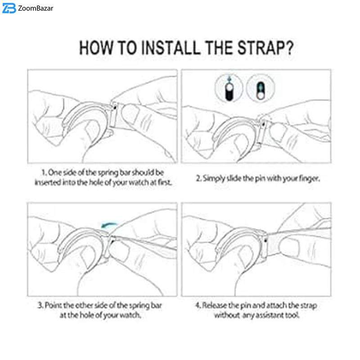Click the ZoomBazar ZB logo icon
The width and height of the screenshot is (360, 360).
click(9, 9)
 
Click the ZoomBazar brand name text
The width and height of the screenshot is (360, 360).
click(36, 8)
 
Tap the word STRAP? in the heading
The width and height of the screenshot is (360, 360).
click(265, 48)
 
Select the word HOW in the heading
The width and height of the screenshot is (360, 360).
click(96, 48)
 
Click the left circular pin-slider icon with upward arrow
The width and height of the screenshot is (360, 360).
click(229, 88)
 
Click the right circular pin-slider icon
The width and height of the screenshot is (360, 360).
click(261, 88)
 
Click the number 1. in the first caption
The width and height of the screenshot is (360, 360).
click(44, 172)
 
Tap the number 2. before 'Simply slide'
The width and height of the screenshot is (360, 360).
click(199, 178)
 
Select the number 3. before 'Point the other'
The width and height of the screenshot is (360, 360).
click(40, 306)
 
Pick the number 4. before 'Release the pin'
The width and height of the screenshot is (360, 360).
click(198, 306)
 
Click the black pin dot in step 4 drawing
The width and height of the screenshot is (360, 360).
click(265, 240)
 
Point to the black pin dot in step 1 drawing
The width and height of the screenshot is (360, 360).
click(115, 107)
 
